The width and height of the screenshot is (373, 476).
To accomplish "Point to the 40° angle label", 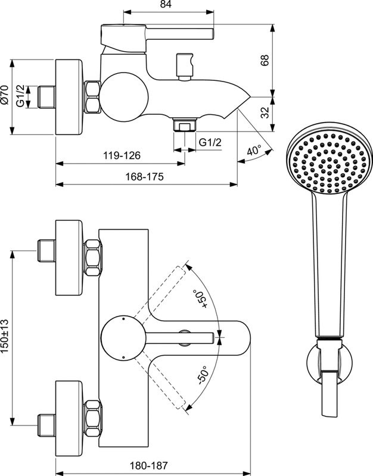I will (254, 151).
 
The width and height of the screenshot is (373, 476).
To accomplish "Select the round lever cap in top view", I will (122, 338).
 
